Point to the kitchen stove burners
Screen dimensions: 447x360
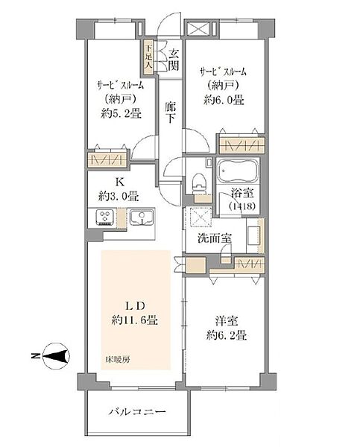(104, 218)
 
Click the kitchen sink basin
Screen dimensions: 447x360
(139, 218)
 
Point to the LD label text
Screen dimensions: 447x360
(136, 306)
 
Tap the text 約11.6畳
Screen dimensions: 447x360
(136, 320)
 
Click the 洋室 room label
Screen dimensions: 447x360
(225, 321)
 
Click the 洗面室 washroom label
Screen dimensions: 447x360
(212, 239)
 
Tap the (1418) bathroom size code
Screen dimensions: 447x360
(241, 206)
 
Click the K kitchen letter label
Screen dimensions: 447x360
(117, 183)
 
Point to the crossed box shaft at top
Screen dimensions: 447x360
(199, 30)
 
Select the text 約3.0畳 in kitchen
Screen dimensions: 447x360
(117, 197)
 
